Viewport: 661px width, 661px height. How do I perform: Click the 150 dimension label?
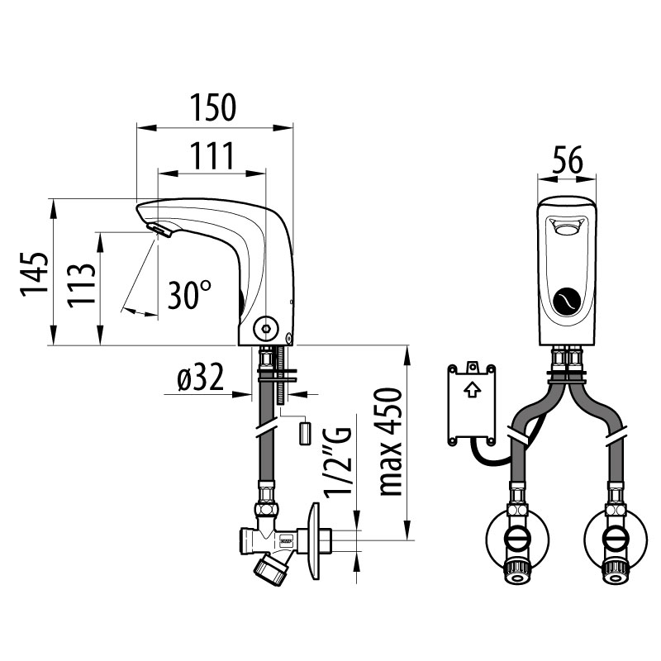213,107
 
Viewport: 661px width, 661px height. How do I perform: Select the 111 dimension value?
212,155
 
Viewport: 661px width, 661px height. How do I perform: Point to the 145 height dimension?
34,274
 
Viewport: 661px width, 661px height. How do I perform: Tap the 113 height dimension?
81,285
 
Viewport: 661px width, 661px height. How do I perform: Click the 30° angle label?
189,294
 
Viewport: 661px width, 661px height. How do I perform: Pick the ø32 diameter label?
200,378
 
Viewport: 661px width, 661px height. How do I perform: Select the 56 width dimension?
567,159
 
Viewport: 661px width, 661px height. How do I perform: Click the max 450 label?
390,442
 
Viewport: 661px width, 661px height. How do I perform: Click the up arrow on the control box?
472,390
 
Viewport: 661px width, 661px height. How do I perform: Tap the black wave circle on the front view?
566,302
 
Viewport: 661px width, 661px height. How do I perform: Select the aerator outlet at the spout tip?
159,231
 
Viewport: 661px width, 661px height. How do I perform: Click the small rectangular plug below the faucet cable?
304,433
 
